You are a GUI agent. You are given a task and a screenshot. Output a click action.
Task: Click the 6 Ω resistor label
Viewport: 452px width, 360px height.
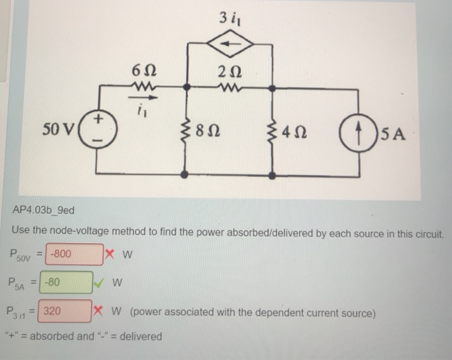point(141,70)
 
